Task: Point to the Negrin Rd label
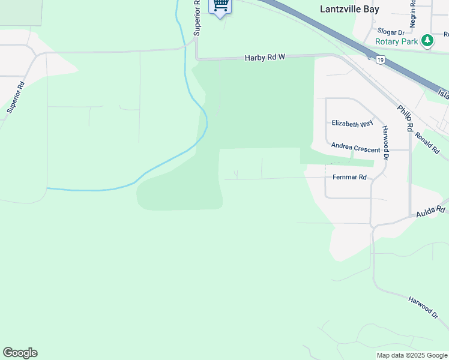click(x=413, y=13)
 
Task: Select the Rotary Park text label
click(x=396, y=41)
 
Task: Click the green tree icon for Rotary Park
click(x=427, y=41)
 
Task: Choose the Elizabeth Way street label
click(x=352, y=124)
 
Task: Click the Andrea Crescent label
click(x=355, y=148)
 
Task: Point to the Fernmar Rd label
click(x=349, y=178)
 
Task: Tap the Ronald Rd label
click(x=427, y=143)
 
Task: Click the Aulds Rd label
click(x=432, y=211)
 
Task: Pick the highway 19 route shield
click(x=381, y=59)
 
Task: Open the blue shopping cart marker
click(x=220, y=5)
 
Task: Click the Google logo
click(x=20, y=353)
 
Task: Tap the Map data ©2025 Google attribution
click(x=412, y=355)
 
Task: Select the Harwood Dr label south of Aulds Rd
click(x=423, y=307)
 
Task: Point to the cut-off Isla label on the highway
click(x=443, y=94)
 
